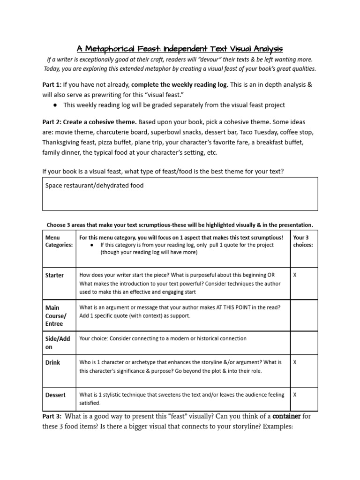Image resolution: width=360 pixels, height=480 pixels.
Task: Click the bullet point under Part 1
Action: pyautogui.click(x=56, y=105)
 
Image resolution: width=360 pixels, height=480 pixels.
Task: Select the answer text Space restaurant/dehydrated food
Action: pyautogui.click(x=94, y=186)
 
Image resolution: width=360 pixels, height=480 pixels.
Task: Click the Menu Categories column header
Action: pyautogui.click(x=59, y=241)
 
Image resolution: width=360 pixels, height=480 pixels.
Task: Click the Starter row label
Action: pyautogui.click(x=54, y=275)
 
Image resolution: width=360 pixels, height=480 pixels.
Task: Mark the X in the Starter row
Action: pyautogui.click(x=295, y=275)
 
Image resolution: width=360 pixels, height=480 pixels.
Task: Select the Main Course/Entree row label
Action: pyautogui.click(x=56, y=316)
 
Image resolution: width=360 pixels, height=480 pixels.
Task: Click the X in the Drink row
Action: pyautogui.click(x=295, y=362)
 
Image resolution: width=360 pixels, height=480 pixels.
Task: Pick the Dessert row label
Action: pyautogui.click(x=55, y=395)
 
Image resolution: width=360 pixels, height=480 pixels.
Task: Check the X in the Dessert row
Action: pyautogui.click(x=295, y=395)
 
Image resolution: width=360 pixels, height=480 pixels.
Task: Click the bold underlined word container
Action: pyautogui.click(x=286, y=416)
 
